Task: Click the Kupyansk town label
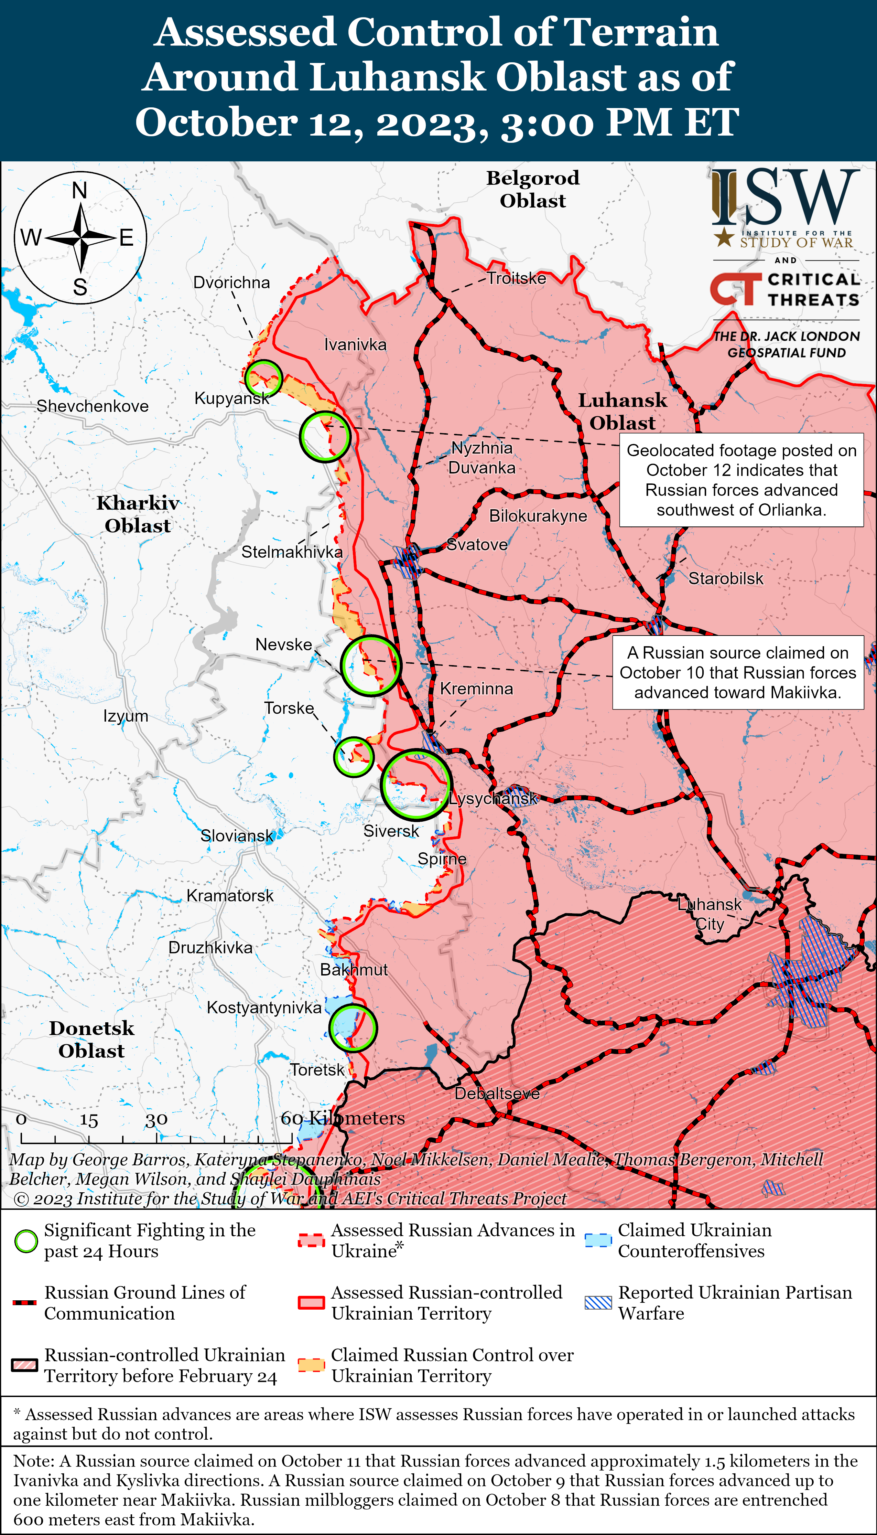pos(232,398)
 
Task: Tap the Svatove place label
pos(477,545)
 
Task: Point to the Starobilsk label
pos(726,578)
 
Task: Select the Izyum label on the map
pos(125,716)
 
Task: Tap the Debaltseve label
pos(497,1093)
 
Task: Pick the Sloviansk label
pos(237,835)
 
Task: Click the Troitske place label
pos(516,278)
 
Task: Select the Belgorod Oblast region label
pos(532,189)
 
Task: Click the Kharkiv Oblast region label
pos(138,514)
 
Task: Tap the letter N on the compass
pos(79,191)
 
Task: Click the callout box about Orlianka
pos(741,480)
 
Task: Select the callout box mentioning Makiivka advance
pos(737,672)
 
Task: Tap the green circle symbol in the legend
pos(26,1241)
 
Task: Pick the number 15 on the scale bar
pos(88,1120)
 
